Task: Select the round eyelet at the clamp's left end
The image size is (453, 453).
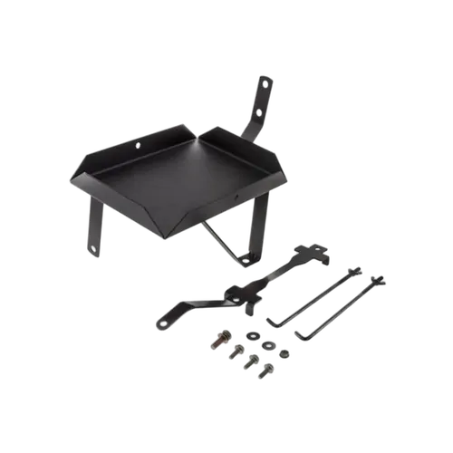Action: pos(164,320)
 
